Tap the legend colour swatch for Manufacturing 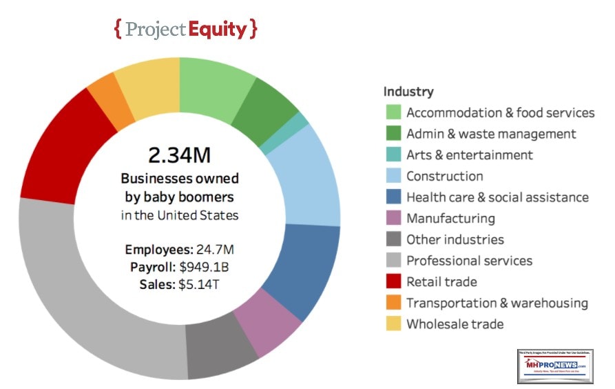[393, 219]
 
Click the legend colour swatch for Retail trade [393, 281]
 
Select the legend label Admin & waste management [491, 134]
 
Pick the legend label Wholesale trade [455, 323]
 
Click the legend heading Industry [408, 91]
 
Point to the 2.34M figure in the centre [179, 154]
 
